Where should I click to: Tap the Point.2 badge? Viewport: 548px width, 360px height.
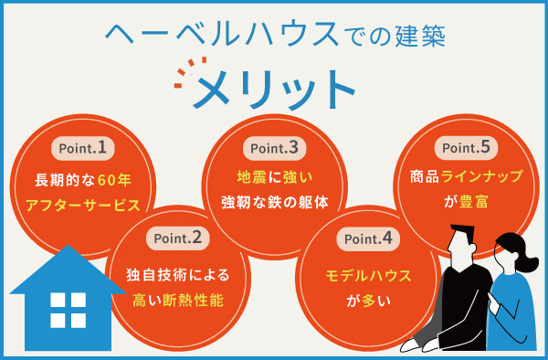point(177,240)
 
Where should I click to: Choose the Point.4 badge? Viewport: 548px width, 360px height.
point(369,240)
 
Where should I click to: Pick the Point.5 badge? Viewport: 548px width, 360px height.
point(466,146)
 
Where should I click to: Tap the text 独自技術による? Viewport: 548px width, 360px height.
point(177,273)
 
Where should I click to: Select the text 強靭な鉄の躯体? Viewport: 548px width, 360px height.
point(275,203)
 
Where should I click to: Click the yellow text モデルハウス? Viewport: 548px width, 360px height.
point(369,273)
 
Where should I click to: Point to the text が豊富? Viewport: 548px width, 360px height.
point(466,203)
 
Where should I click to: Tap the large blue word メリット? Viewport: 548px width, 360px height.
point(274,89)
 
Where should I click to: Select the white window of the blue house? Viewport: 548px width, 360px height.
point(68,310)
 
